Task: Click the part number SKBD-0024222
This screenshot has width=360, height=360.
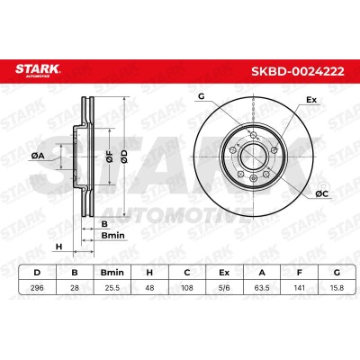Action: coord(298,71)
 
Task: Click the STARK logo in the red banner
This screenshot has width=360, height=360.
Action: coord(38,70)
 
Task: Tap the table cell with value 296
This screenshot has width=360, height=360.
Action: coord(37,288)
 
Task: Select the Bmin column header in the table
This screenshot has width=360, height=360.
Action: coord(112,273)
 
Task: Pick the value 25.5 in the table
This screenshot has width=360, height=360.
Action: coord(112,288)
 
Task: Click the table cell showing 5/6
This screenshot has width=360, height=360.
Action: coord(224,288)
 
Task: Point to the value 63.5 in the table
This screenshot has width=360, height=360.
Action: coord(262,288)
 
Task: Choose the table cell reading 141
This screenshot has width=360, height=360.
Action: coord(299,288)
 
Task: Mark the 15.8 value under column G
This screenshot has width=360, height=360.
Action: coord(337,288)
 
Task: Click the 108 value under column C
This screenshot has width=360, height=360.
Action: coord(187,288)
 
